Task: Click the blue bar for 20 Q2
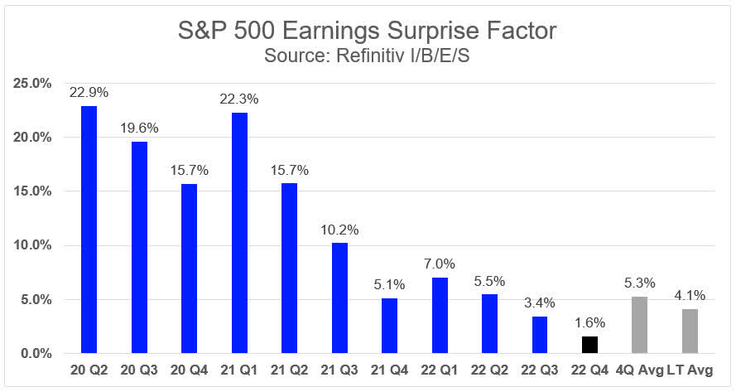pos(89,230)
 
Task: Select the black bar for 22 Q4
pos(590,345)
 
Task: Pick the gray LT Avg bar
pos(690,332)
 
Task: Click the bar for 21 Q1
pos(239,233)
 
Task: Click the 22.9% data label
pos(89,92)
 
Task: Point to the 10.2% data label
pos(339,230)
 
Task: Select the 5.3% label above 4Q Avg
pos(640,283)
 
